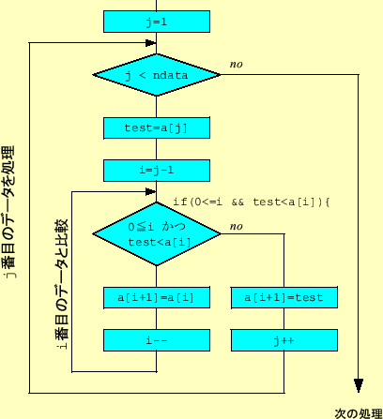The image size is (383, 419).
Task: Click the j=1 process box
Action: click(x=156, y=22)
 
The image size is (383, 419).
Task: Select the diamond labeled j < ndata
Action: click(x=156, y=74)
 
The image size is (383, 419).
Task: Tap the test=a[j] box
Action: click(x=156, y=127)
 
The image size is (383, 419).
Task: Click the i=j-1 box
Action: click(x=156, y=170)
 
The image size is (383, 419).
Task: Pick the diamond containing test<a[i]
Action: click(x=156, y=234)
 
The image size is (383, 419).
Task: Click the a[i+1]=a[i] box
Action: click(x=156, y=297)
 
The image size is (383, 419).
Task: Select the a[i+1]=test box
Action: click(x=283, y=297)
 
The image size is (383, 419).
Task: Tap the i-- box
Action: click(x=156, y=340)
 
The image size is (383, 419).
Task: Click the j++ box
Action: click(x=283, y=340)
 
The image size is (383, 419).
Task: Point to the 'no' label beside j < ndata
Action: click(x=236, y=64)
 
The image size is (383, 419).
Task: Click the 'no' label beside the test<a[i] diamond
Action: click(x=236, y=226)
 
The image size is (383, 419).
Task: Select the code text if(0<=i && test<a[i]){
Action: click(x=253, y=202)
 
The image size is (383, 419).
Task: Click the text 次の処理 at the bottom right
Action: click(x=358, y=412)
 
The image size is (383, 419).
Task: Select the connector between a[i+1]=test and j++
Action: click(x=283, y=319)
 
